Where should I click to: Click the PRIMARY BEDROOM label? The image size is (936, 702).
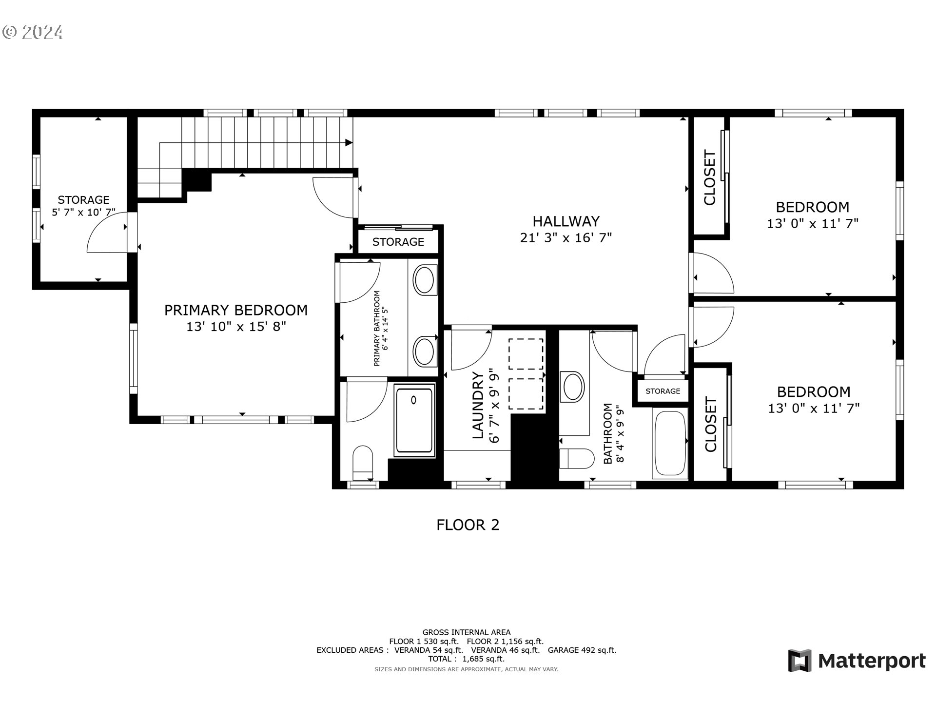(x=236, y=310)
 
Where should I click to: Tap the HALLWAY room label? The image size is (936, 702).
(x=566, y=221)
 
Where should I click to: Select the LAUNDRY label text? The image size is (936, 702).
(x=478, y=405)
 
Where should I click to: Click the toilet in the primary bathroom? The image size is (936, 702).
(x=362, y=462)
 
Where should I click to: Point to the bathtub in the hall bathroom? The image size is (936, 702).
(x=670, y=443)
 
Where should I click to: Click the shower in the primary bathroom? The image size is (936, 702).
(x=414, y=421)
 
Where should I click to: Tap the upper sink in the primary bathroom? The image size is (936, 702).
(x=425, y=280)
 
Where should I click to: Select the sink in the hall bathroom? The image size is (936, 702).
(x=573, y=387)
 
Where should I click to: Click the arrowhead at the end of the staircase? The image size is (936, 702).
(x=349, y=142)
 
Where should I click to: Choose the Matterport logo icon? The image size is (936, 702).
(x=799, y=661)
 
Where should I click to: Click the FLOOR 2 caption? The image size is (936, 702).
(x=468, y=525)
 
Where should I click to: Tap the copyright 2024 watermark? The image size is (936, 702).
(x=33, y=32)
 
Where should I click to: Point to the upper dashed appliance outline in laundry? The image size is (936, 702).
(x=526, y=354)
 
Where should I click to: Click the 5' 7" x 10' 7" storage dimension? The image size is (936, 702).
(x=84, y=213)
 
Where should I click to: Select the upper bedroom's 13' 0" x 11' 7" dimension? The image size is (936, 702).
(x=813, y=223)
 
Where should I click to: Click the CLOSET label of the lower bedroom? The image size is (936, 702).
(x=711, y=424)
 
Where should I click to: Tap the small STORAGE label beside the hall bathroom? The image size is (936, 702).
(x=663, y=391)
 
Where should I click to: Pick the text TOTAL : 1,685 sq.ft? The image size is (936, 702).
(x=467, y=659)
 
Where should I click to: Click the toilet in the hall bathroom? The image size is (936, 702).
(x=576, y=458)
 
